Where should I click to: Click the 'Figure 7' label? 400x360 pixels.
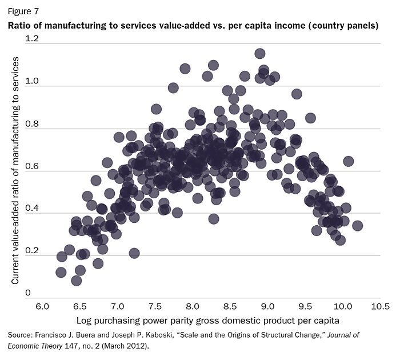[22, 10]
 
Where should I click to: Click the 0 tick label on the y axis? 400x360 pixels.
[27, 293]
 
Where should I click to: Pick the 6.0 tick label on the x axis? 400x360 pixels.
[42, 306]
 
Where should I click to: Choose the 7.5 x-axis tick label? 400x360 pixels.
[155, 306]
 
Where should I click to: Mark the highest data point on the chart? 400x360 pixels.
[260, 54]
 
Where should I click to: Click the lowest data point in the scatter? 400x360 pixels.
[77, 280]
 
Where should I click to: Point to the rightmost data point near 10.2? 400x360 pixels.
[358, 226]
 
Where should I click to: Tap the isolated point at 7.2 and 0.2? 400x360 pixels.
[134, 253]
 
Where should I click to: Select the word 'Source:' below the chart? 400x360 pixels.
[22, 334]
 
